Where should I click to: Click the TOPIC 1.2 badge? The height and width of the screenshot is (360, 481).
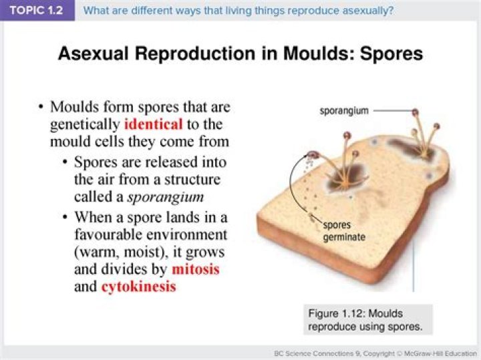click(37, 11)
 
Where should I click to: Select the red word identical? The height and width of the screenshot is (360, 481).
click(153, 124)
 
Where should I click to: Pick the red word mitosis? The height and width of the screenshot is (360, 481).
click(195, 270)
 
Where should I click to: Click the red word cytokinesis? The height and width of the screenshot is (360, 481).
click(138, 287)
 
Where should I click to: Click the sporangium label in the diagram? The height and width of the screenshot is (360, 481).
click(343, 111)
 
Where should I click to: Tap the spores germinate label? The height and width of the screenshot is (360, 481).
click(343, 230)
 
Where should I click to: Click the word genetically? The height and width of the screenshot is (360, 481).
click(86, 124)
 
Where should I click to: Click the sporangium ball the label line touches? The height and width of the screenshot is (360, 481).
click(416, 112)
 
